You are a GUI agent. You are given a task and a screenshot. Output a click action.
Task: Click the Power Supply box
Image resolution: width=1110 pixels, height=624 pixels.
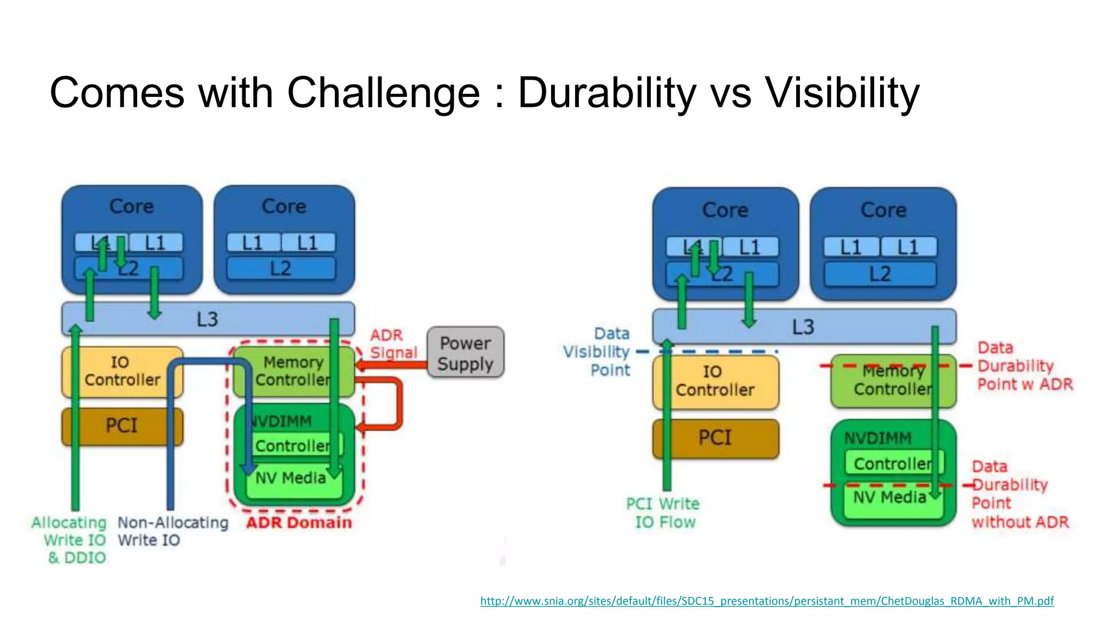tap(465, 353)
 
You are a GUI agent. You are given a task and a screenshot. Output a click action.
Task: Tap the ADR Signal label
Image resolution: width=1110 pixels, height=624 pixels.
tap(392, 344)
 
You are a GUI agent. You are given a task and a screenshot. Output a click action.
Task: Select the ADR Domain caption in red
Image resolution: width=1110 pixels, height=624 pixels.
tap(299, 523)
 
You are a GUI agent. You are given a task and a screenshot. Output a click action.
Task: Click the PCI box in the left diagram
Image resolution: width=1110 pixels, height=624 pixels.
tap(122, 426)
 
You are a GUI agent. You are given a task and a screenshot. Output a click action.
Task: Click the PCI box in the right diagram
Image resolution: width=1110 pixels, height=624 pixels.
tap(715, 438)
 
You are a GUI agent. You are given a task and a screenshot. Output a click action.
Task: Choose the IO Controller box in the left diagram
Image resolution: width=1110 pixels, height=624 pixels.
tap(122, 371)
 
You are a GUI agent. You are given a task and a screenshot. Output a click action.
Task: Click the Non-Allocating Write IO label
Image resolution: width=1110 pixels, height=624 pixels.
tap(172, 531)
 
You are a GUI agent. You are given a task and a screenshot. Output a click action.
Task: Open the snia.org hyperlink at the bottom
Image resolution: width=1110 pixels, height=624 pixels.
tap(766, 601)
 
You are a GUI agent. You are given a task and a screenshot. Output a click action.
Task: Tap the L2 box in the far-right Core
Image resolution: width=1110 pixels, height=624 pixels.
tap(880, 274)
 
